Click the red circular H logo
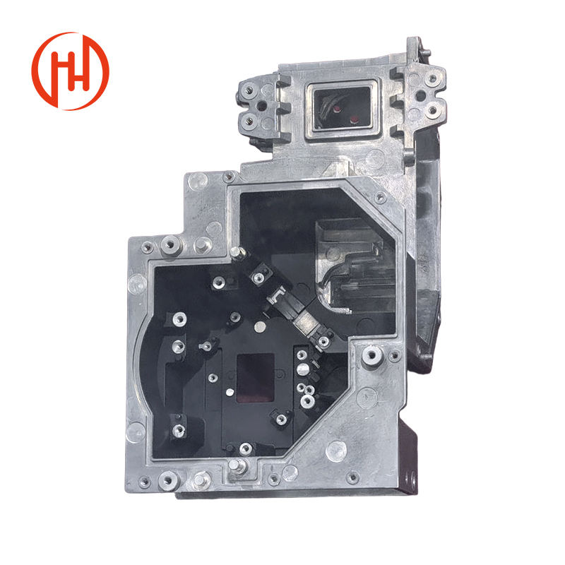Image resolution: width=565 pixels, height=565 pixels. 70,71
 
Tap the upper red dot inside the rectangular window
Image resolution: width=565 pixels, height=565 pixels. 337,108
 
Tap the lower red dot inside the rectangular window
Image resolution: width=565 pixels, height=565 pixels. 355,119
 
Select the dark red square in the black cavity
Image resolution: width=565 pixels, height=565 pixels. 255,378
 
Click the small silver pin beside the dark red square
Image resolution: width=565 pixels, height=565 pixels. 230,392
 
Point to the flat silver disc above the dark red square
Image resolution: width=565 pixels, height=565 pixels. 260,327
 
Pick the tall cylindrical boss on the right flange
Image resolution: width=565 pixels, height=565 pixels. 371,356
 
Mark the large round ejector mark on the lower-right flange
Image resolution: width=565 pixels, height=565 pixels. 336,450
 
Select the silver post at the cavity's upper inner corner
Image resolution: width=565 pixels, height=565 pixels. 237,252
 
